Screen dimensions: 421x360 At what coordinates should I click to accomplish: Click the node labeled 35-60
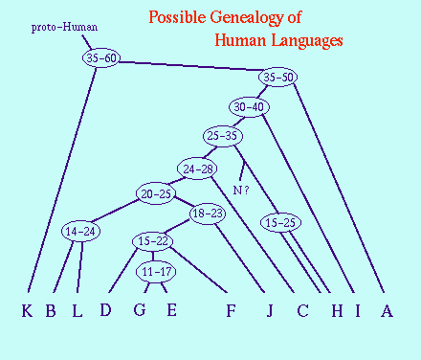point(101,58)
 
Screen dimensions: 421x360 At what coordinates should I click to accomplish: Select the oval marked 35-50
point(277,77)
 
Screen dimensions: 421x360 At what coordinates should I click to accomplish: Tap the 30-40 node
point(249,107)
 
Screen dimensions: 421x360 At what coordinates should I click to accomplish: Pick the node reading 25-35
point(223,136)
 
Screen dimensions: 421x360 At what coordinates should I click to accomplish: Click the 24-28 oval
point(197,169)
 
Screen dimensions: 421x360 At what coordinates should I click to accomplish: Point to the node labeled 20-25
point(156,193)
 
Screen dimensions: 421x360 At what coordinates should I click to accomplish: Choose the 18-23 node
point(208,214)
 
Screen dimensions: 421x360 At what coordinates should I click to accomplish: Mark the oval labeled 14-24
point(80,232)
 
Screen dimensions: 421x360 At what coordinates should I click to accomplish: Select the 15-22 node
point(153,241)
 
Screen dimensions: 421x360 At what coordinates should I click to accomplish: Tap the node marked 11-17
point(156,272)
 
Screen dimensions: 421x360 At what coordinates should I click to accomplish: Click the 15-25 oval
point(280,223)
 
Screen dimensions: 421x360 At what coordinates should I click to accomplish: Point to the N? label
point(241,191)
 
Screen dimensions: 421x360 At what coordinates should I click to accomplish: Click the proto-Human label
point(64,27)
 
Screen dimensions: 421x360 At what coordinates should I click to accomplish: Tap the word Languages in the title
point(307,41)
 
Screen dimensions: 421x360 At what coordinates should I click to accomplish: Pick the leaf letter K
point(27,310)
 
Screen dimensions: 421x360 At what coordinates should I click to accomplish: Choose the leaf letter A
point(387,310)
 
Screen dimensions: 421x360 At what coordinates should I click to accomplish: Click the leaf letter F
point(231,310)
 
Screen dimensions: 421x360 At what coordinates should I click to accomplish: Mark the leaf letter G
point(140,309)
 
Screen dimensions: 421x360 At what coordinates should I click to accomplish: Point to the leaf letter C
point(302,310)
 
